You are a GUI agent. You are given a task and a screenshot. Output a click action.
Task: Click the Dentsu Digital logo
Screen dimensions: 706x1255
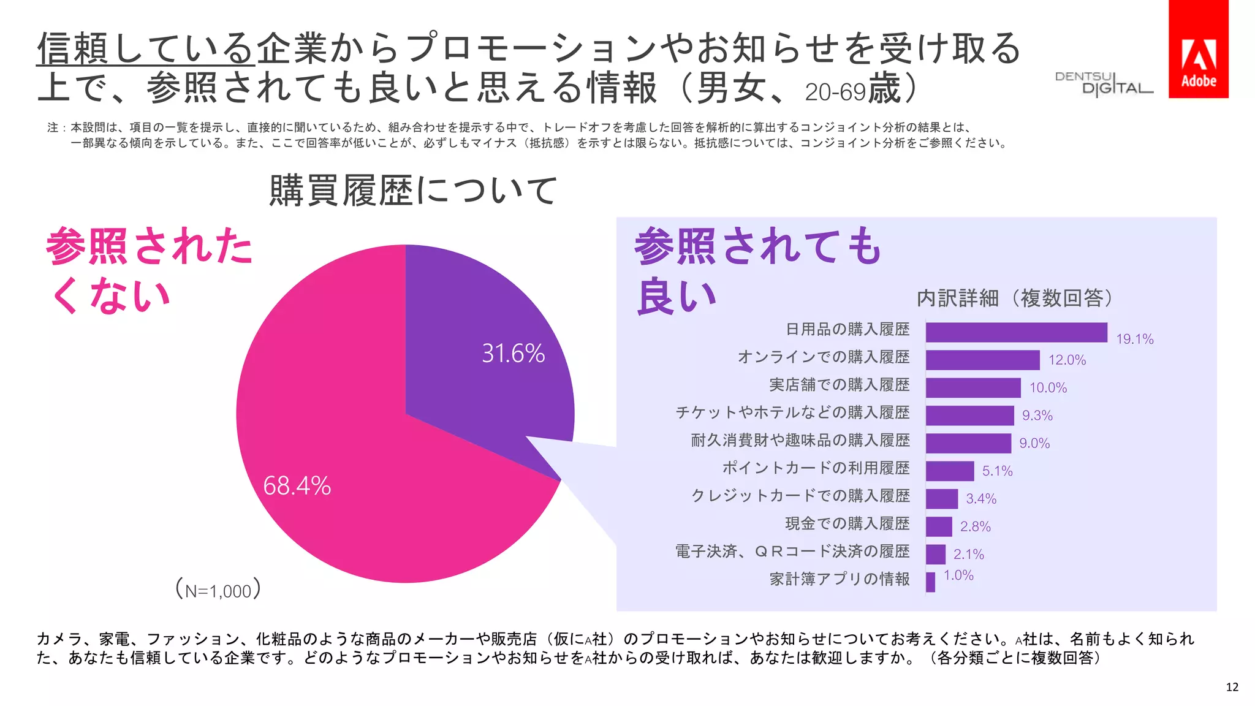pyautogui.click(x=1103, y=84)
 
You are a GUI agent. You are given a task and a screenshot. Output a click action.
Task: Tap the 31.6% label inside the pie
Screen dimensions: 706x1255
pyautogui.click(x=513, y=354)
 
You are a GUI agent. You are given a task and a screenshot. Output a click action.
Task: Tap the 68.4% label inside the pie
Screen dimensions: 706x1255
pyautogui.click(x=297, y=486)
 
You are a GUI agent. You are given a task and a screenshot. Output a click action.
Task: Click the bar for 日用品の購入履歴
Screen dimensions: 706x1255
pyautogui.click(x=1016, y=332)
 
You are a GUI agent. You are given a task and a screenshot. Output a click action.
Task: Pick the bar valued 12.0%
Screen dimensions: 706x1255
pyautogui.click(x=982, y=360)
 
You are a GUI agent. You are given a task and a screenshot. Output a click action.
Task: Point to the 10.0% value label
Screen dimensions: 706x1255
pyautogui.click(x=1048, y=388)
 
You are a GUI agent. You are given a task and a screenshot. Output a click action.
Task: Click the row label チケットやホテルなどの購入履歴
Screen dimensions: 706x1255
pyautogui.click(x=792, y=412)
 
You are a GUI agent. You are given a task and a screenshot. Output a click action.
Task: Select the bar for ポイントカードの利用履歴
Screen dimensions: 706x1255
pyautogui.click(x=949, y=471)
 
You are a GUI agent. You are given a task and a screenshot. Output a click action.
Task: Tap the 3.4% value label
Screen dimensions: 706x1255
pyautogui.click(x=981, y=499)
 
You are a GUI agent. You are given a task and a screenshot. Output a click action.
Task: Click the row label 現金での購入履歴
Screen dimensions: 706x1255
pyautogui.click(x=847, y=523)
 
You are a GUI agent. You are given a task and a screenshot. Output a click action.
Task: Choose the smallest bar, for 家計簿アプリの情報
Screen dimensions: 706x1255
pyautogui.click(x=930, y=582)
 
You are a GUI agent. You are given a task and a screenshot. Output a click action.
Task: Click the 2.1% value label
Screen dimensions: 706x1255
pyautogui.click(x=968, y=555)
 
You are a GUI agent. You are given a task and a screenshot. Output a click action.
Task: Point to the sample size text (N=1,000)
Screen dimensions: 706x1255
pyautogui.click(x=218, y=590)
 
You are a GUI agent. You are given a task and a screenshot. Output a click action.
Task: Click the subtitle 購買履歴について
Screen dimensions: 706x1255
pyautogui.click(x=412, y=191)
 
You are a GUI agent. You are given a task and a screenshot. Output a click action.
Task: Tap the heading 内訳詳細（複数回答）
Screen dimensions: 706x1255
pyautogui.click(x=1014, y=298)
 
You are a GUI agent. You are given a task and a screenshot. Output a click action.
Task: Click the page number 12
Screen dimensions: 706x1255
pyautogui.click(x=1232, y=687)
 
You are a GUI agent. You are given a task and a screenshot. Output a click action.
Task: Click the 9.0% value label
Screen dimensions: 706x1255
pyautogui.click(x=1034, y=443)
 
